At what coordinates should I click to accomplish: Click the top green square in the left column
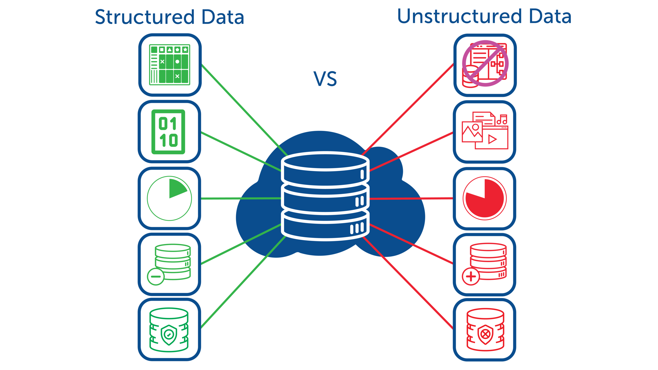point(171,65)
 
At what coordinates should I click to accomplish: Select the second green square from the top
point(172,134)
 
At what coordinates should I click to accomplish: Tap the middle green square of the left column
point(171,198)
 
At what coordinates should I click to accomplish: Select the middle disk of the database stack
point(325,200)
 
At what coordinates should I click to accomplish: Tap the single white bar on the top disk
point(362,174)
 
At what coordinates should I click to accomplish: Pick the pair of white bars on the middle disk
point(360,201)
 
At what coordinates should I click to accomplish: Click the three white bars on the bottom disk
point(357,228)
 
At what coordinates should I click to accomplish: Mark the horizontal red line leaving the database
point(411,199)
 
